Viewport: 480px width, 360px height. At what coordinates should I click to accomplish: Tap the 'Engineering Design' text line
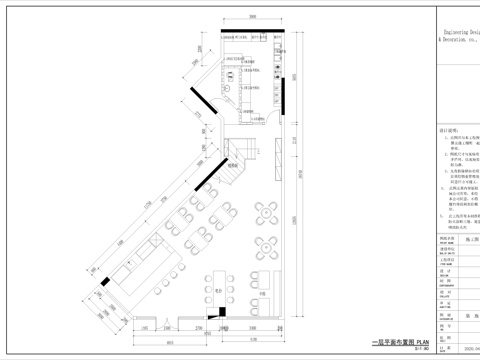[x=459, y=32]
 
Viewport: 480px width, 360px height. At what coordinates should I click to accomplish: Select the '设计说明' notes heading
[x=447, y=129]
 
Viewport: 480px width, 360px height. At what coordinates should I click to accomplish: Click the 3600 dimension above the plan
[x=254, y=16]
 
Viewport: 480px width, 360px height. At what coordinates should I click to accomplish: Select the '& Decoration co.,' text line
[x=459, y=42]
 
